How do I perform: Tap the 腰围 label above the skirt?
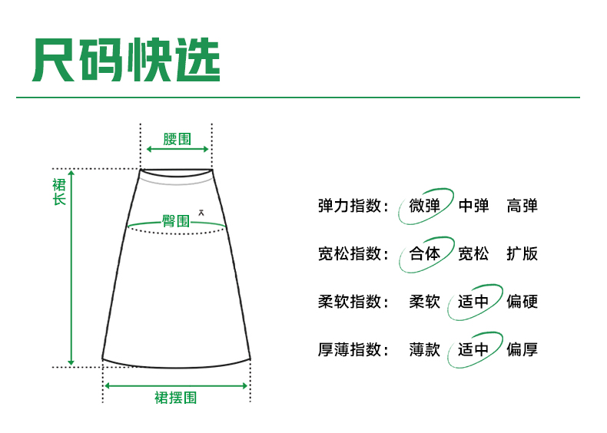(x=177, y=140)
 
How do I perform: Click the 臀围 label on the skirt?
(x=175, y=221)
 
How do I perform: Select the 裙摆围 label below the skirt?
(x=176, y=398)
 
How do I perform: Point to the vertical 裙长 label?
(x=59, y=191)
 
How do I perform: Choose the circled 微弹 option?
(x=425, y=206)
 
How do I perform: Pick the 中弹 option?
(x=473, y=206)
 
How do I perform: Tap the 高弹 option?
(x=522, y=206)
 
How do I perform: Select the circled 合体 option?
(x=425, y=253)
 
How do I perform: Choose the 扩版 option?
(x=522, y=253)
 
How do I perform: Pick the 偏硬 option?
(x=522, y=302)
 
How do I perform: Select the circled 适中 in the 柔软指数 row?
(x=473, y=302)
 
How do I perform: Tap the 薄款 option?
(x=425, y=349)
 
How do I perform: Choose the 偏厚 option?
(x=522, y=349)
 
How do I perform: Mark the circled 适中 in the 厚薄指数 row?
(x=473, y=349)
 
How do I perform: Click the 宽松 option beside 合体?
(x=473, y=253)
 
